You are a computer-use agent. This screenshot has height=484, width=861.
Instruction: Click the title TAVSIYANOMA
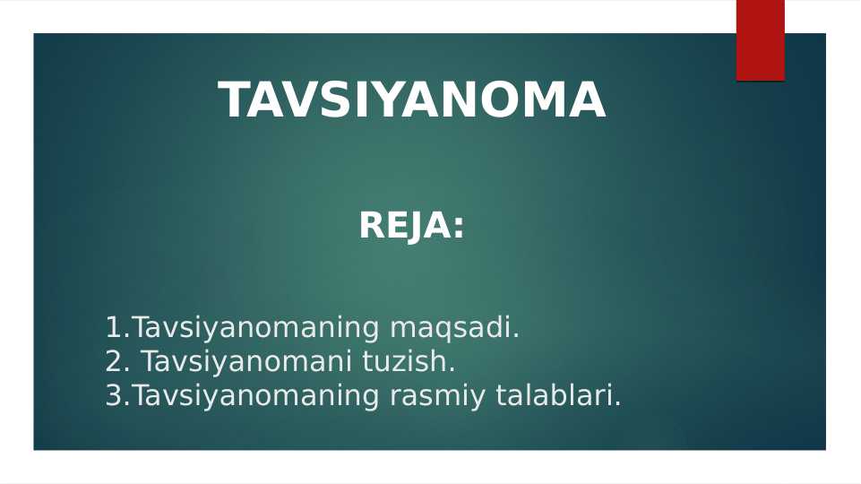[x=412, y=99]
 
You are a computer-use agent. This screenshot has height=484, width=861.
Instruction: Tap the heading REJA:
[x=411, y=226]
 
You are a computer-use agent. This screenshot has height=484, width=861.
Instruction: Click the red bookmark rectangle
[x=760, y=40]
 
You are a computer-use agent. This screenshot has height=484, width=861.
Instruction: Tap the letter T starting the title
[x=237, y=100]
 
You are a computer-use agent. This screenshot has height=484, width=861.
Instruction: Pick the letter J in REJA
[x=414, y=227]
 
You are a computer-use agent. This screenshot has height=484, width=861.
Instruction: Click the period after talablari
[x=617, y=403]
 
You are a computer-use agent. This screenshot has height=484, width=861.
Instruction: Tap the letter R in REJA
[x=372, y=226]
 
